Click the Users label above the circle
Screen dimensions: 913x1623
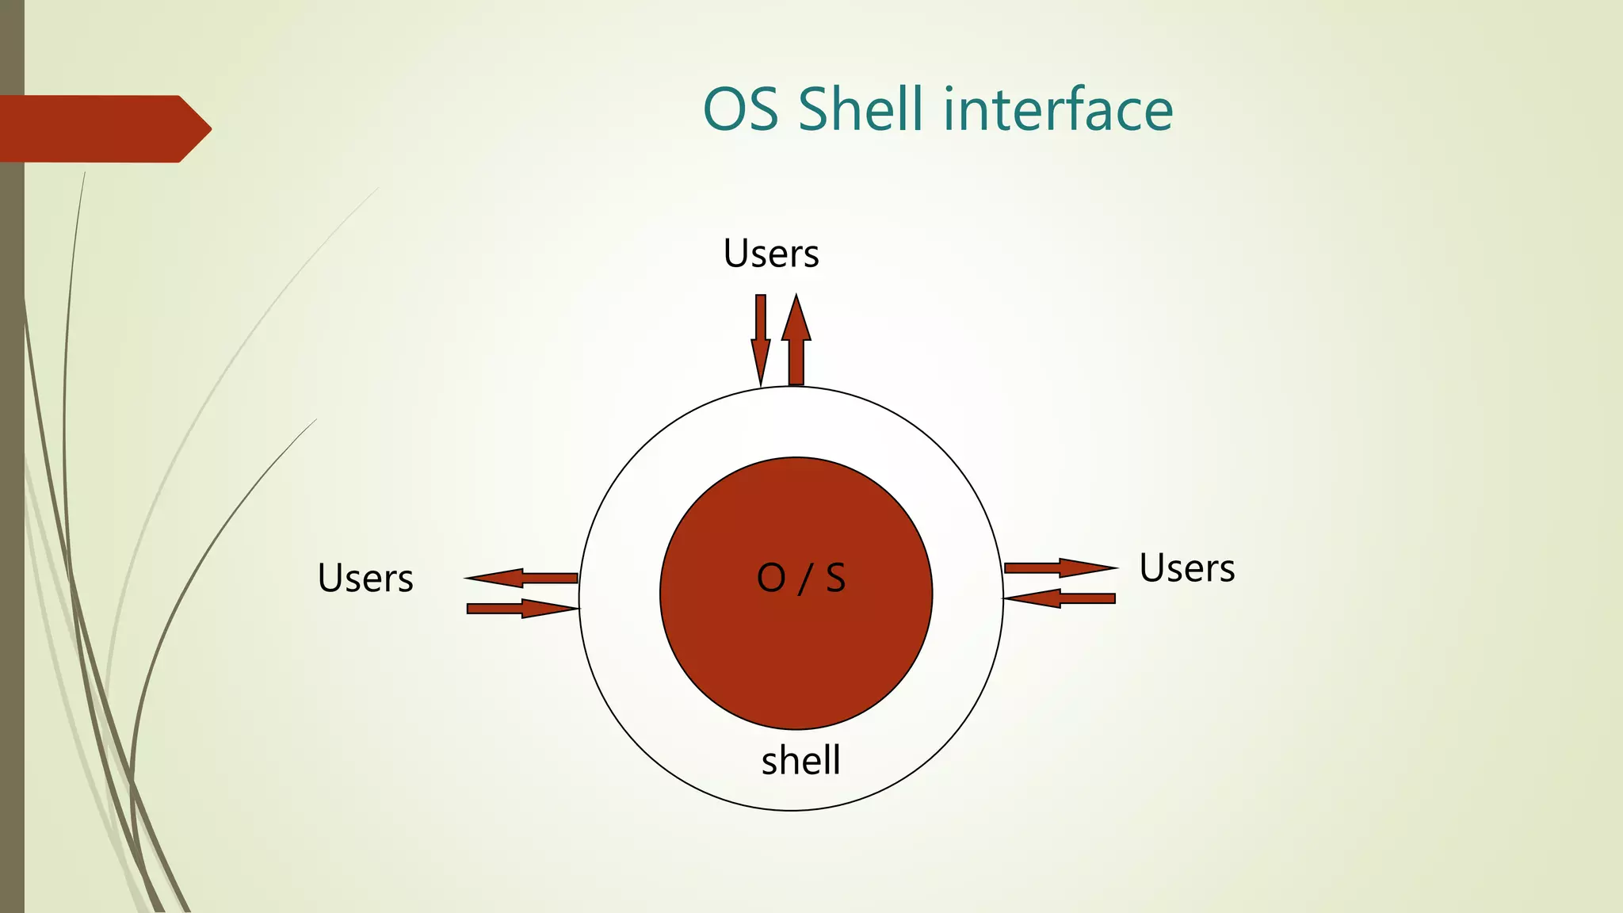pyautogui.click(x=771, y=254)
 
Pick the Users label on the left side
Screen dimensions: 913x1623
pyautogui.click(x=365, y=579)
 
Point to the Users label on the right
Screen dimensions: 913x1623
pyautogui.click(x=1186, y=568)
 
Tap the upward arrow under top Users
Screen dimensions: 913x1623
pyautogui.click(x=796, y=341)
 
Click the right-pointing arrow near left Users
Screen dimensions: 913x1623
pyautogui.click(x=521, y=609)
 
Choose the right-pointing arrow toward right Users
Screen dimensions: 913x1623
pyautogui.click(x=1060, y=567)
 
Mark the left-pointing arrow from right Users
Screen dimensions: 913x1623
pyautogui.click(x=1060, y=598)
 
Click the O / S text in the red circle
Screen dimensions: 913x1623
pyautogui.click(x=800, y=579)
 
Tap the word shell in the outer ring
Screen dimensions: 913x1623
pyautogui.click(x=800, y=761)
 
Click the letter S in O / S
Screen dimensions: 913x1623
pyautogui.click(x=835, y=579)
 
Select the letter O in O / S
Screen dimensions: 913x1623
pyautogui.click(x=770, y=579)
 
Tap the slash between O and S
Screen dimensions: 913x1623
pyautogui.click(x=805, y=579)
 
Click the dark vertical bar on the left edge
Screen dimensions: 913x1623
pyautogui.click(x=12, y=476)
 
